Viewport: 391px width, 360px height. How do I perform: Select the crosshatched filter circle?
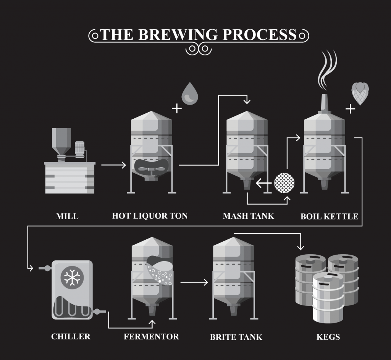pyautogui.click(x=284, y=184)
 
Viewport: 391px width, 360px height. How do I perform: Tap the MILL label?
pyautogui.click(x=67, y=216)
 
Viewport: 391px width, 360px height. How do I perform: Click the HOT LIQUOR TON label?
pyautogui.click(x=150, y=216)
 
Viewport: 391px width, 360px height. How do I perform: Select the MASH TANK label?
pyautogui.click(x=248, y=216)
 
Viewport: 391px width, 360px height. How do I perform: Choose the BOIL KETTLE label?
pyautogui.click(x=329, y=216)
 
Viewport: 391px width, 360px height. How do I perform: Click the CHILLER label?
pyautogui.click(x=71, y=336)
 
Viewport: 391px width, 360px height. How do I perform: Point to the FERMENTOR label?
pyautogui.click(x=151, y=337)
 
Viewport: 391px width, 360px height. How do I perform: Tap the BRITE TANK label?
pyautogui.click(x=236, y=337)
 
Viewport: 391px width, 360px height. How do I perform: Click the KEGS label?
pyautogui.click(x=328, y=337)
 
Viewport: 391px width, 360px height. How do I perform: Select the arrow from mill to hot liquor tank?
pyautogui.click(x=113, y=165)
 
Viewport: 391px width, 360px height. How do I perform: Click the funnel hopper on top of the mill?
pyautogui.click(x=61, y=140)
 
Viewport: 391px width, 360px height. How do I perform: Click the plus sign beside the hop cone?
pyautogui.click(x=350, y=109)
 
